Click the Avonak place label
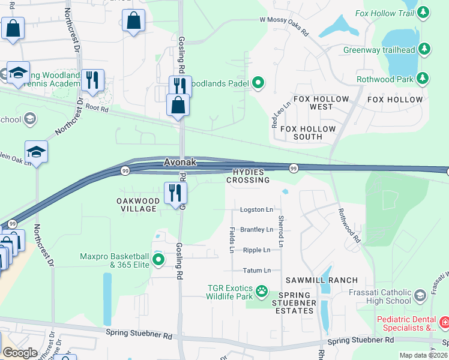[180, 163]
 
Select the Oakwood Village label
[138, 205]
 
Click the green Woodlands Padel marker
[259, 82]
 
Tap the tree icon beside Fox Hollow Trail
[424, 12]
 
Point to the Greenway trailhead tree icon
[424, 48]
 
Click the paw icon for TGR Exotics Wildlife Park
[262, 292]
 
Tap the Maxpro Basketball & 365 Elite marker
[158, 260]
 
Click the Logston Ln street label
[256, 210]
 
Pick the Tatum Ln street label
[257, 271]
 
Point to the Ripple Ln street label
[256, 250]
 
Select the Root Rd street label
[97, 109]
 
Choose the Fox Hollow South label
[308, 133]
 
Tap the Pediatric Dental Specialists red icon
[444, 323]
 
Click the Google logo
[20, 353]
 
